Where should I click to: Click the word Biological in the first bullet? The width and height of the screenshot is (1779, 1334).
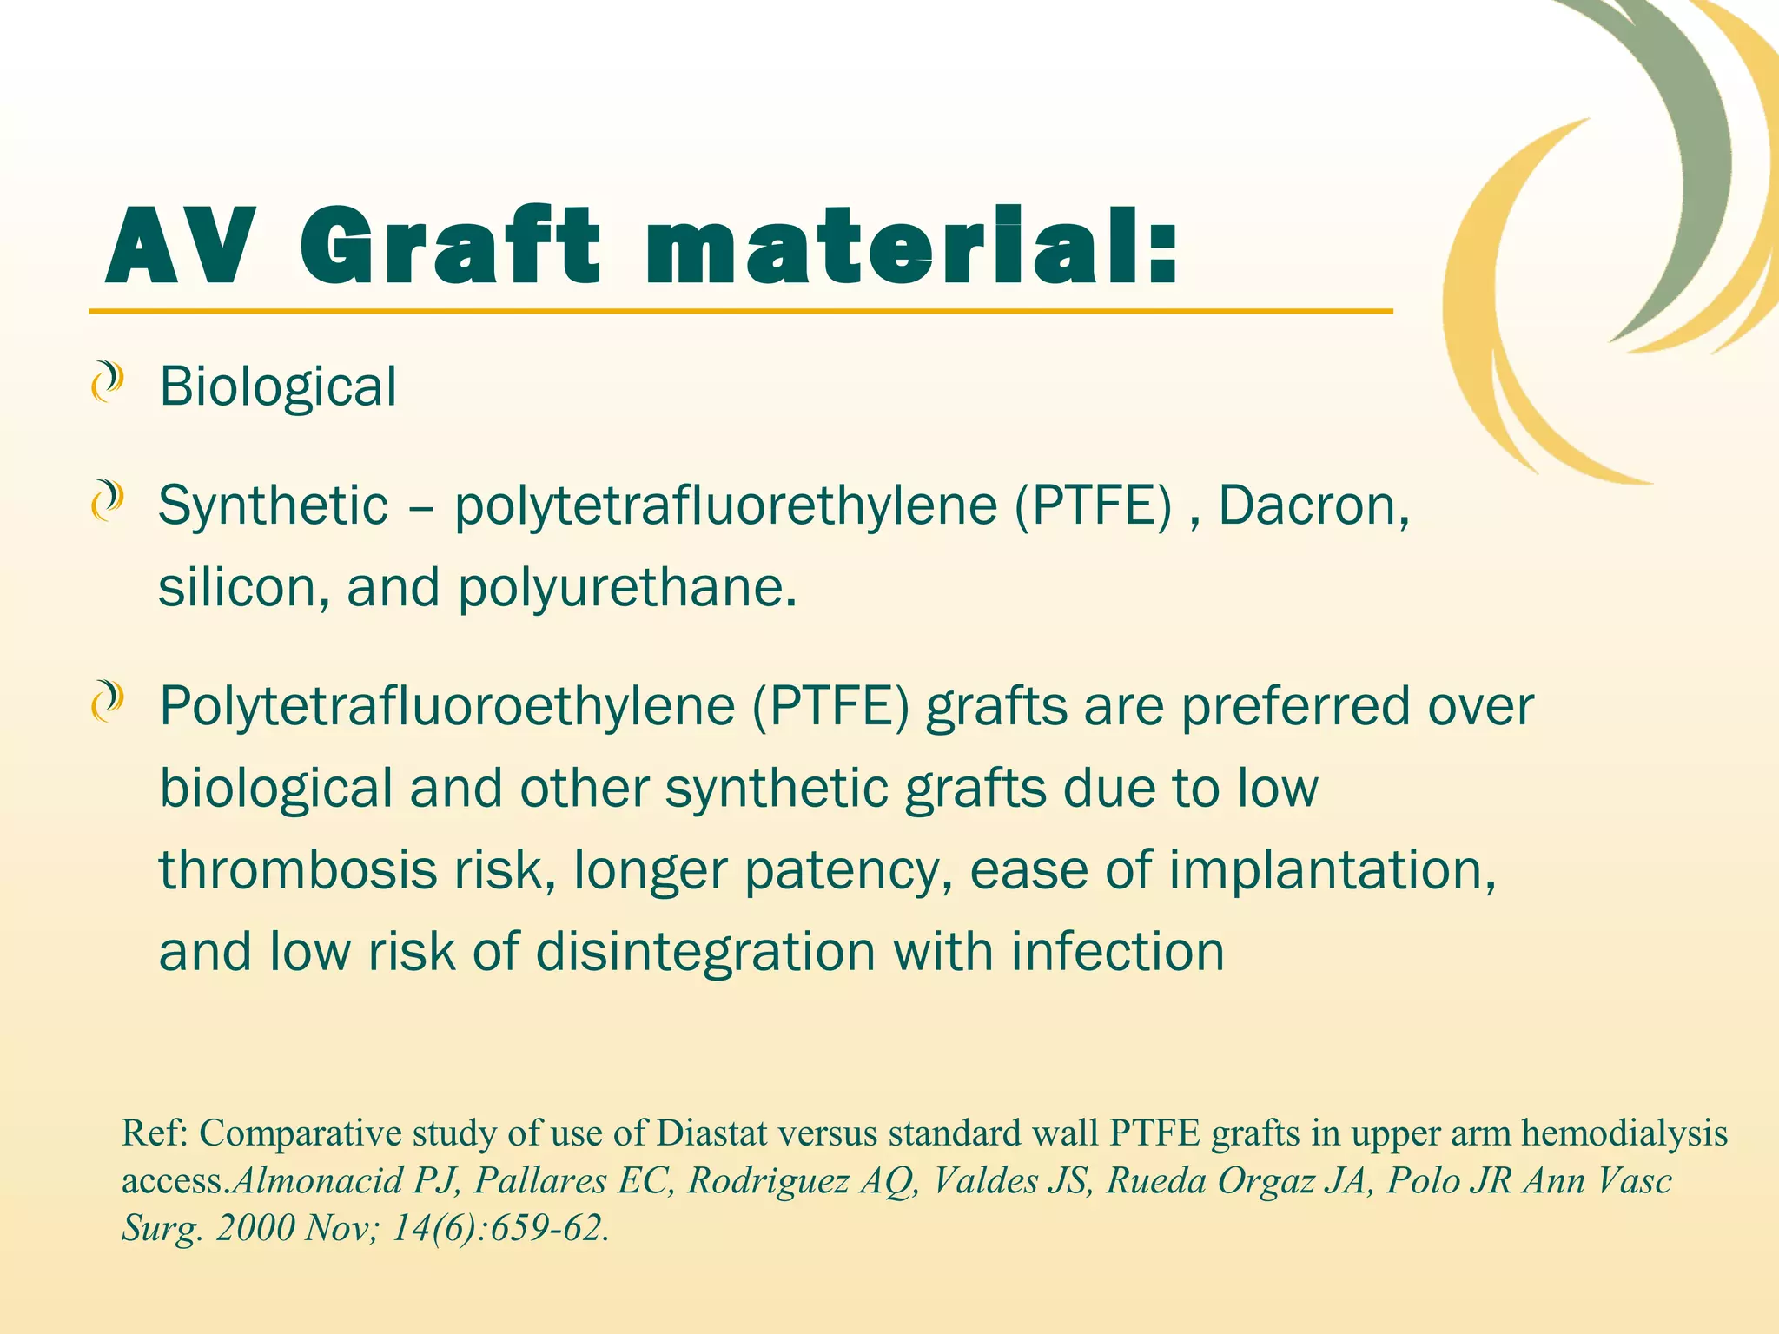point(278,386)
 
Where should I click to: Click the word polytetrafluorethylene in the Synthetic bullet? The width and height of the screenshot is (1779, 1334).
point(726,506)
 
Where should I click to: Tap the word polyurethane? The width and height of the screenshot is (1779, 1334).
point(626,589)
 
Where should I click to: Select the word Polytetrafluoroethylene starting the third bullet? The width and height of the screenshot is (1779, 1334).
point(447,707)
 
